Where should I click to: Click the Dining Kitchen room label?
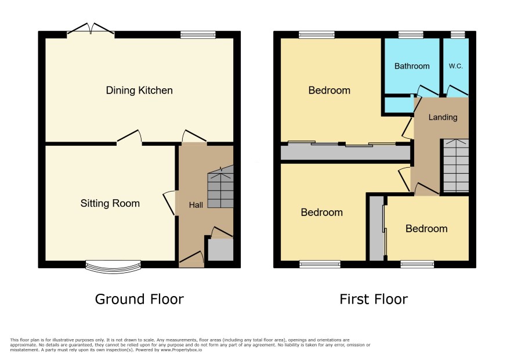click(139, 90)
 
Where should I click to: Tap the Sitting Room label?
click(110, 203)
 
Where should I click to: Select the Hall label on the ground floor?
click(196, 205)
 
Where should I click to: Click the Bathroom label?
click(412, 66)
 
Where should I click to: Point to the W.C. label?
click(455, 66)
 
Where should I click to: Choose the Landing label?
click(443, 117)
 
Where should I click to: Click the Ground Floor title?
click(139, 299)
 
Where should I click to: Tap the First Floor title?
click(374, 299)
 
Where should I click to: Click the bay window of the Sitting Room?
click(114, 267)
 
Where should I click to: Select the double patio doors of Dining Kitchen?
click(91, 29)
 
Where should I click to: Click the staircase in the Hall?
click(220, 186)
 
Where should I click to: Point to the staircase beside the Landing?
click(456, 165)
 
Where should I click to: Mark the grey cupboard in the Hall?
click(220, 250)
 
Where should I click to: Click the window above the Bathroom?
click(411, 35)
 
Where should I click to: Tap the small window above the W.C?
click(458, 35)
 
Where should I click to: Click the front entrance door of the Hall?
click(191, 259)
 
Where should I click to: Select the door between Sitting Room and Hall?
click(169, 203)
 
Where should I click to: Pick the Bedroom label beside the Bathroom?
click(329, 90)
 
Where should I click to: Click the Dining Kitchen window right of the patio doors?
click(198, 35)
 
